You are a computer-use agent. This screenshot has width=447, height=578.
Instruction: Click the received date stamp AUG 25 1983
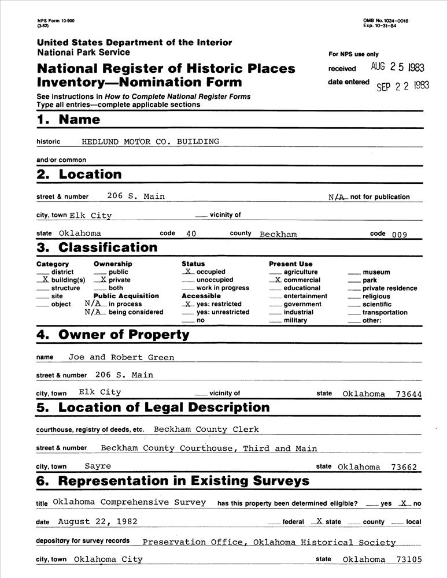tap(399, 67)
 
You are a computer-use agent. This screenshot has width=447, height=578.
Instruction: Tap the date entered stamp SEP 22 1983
tap(403, 86)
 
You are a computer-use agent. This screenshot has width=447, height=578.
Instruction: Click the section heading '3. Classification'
tap(97, 247)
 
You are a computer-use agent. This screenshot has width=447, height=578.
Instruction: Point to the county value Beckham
tap(278, 234)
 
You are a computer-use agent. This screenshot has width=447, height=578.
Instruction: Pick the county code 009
tap(400, 235)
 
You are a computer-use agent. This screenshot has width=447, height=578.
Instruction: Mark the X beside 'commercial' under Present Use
tap(278, 280)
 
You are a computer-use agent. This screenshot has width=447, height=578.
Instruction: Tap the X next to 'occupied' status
tap(188, 271)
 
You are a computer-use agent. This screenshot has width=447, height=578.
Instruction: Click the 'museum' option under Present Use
tap(376, 272)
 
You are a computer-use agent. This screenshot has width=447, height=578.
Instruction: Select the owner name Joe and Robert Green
tap(121, 357)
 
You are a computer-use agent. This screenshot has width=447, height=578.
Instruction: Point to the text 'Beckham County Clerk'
tap(206, 429)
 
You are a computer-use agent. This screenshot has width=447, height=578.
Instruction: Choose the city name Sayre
tap(98, 466)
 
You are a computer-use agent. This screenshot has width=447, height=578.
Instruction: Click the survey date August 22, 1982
tap(98, 521)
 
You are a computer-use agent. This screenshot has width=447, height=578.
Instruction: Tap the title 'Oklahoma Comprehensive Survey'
tap(130, 502)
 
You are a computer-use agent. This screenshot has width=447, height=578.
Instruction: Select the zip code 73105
tap(409, 560)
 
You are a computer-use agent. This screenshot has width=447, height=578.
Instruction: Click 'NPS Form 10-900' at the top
tap(56, 21)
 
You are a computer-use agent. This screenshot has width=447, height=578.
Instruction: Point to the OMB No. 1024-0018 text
tap(386, 21)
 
